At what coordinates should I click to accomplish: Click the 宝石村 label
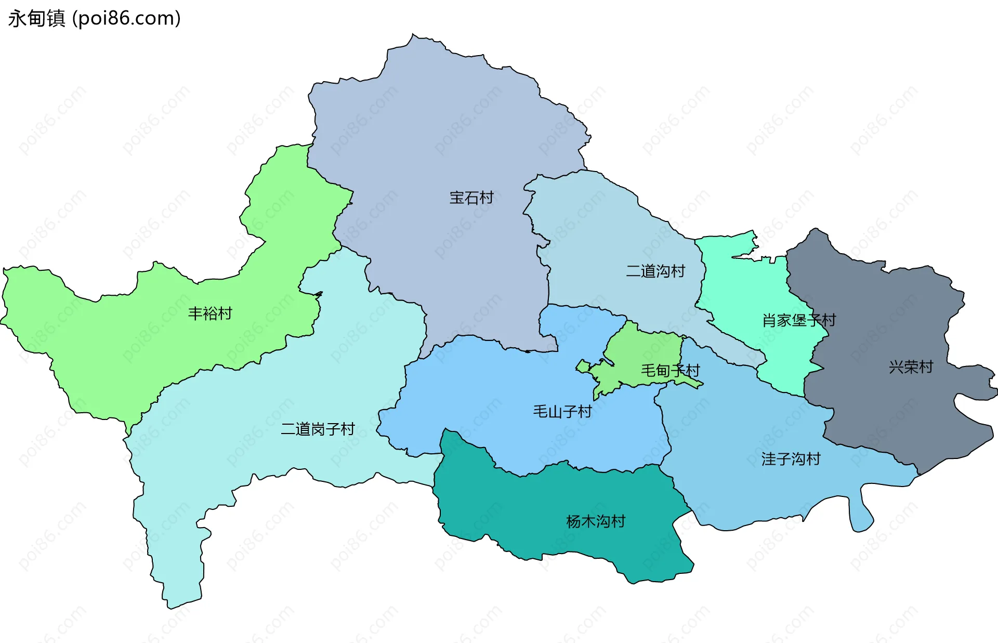[x=471, y=198]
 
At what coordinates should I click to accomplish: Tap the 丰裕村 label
[x=210, y=313]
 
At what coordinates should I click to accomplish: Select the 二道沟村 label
[x=655, y=271]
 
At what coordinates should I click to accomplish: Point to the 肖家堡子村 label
[x=799, y=320]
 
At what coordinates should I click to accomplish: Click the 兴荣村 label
[x=911, y=367]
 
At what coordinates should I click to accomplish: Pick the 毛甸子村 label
[x=670, y=371]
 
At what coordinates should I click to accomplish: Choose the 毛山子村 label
[x=562, y=412]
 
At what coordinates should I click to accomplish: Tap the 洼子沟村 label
[x=791, y=459]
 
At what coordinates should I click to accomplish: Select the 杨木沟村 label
[x=596, y=521]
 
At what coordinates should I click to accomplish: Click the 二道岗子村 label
[x=318, y=429]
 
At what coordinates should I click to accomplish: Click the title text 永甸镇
[x=36, y=18]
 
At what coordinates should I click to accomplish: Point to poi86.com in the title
[x=127, y=18]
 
